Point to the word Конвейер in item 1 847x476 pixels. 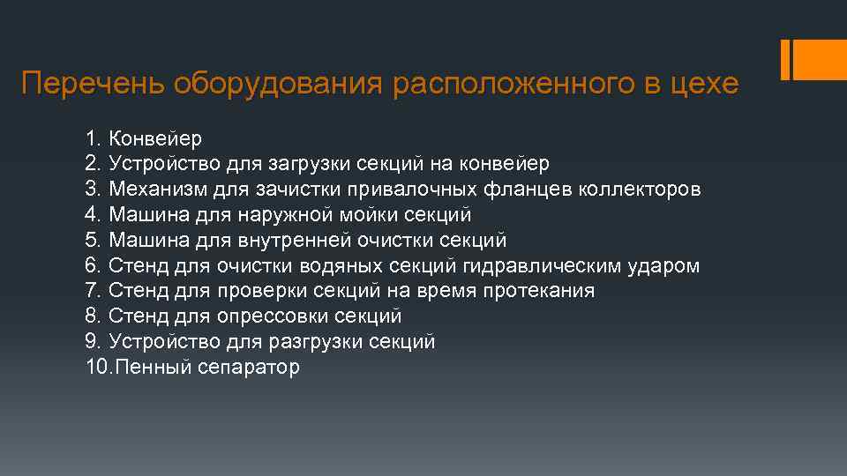(x=155, y=138)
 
